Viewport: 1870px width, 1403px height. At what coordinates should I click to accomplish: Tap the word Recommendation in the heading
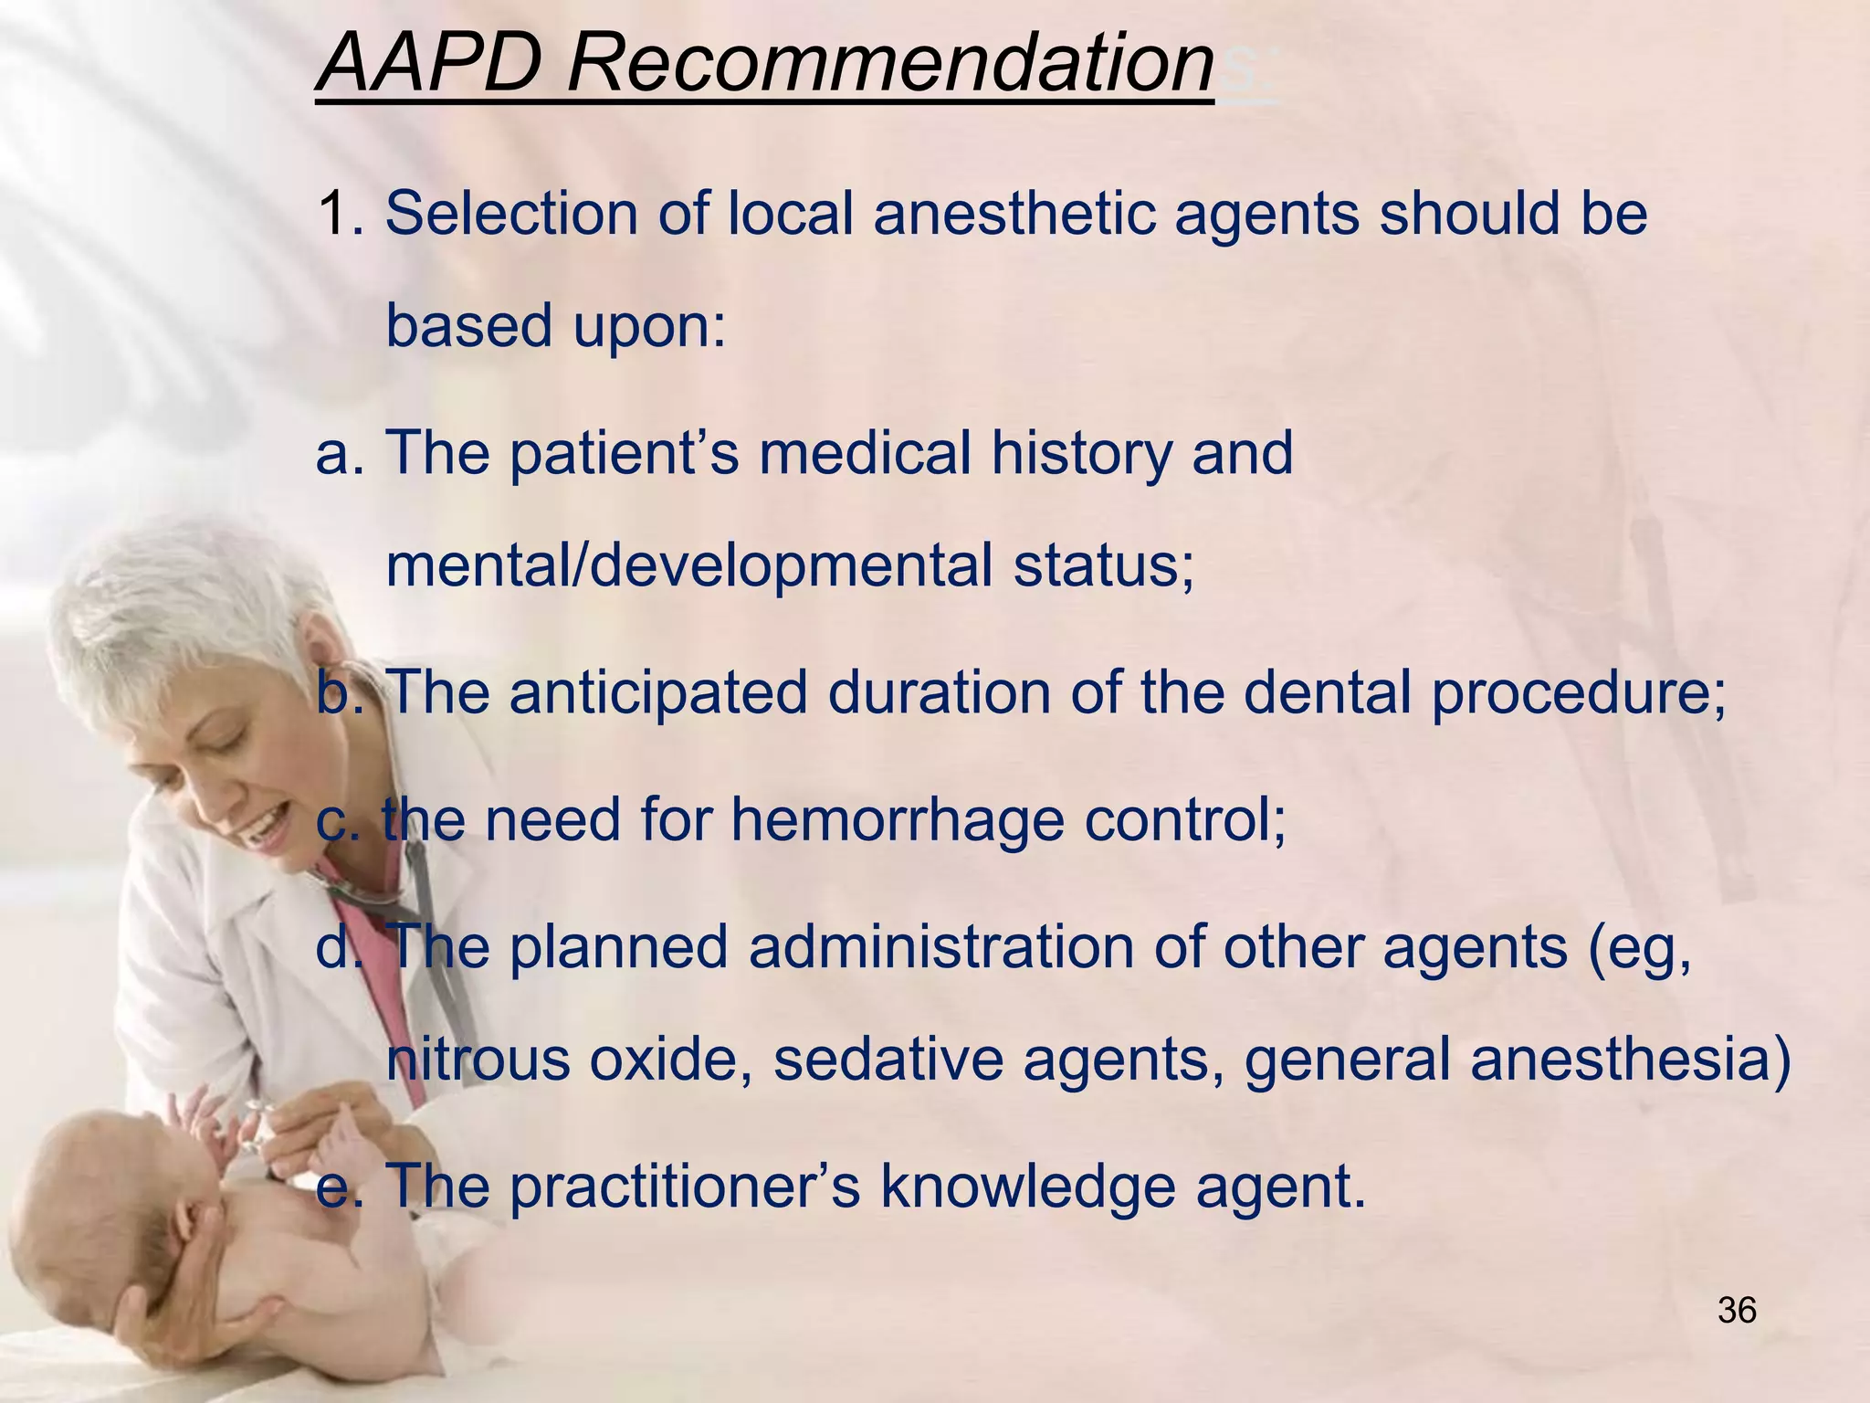coord(890,64)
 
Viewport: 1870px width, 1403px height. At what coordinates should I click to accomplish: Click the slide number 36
coord(1737,1311)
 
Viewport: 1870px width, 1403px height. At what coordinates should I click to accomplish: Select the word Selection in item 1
coord(512,215)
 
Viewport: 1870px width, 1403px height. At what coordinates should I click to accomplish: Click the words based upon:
coord(556,326)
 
